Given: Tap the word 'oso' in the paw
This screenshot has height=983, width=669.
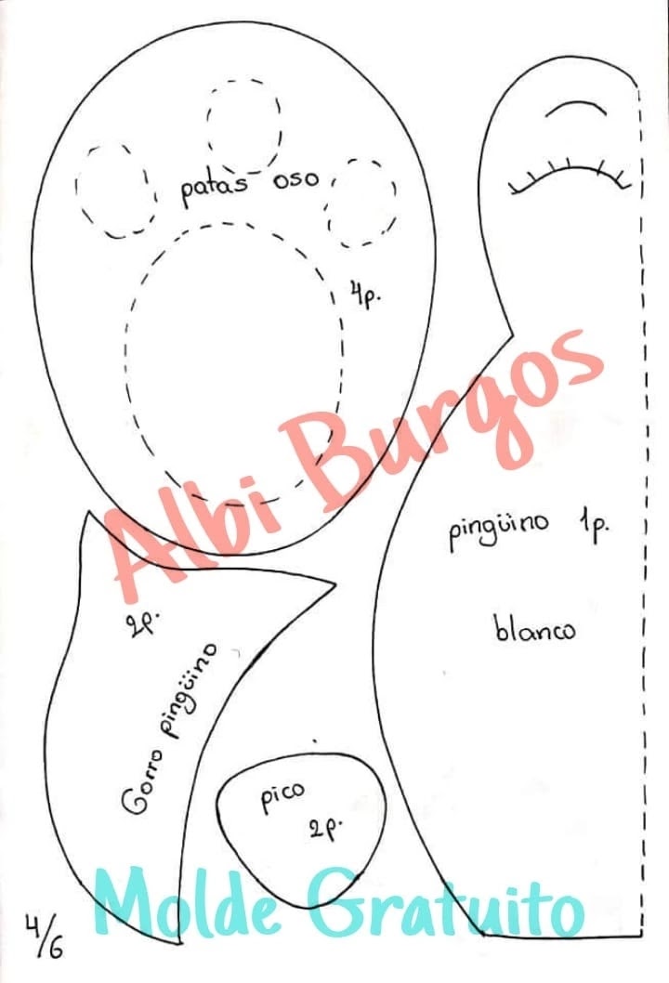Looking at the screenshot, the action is click(295, 180).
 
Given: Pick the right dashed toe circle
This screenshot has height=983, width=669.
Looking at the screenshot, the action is click(361, 203).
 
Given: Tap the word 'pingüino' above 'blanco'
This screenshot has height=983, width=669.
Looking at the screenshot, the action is click(499, 532).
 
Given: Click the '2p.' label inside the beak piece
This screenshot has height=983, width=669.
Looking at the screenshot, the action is click(324, 829).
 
